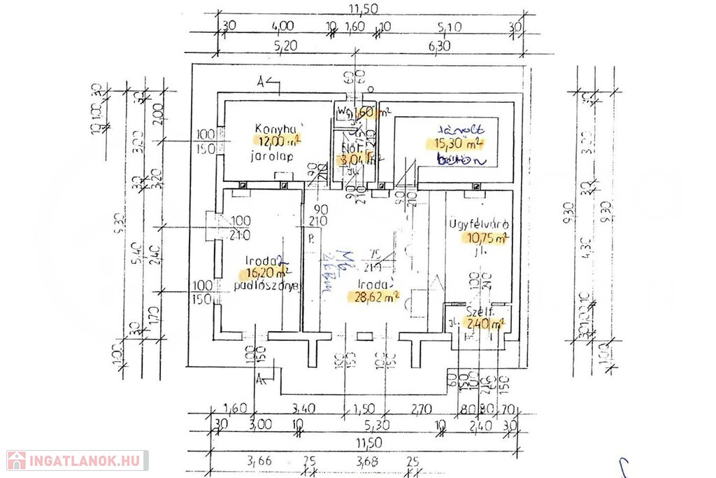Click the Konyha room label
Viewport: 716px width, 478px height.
pos(268,129)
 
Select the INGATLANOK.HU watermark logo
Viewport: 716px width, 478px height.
pos(77,461)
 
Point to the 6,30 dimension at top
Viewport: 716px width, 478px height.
pos(440,46)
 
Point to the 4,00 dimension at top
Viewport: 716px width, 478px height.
pos(282,27)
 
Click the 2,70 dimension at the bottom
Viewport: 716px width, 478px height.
pos(421,408)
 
